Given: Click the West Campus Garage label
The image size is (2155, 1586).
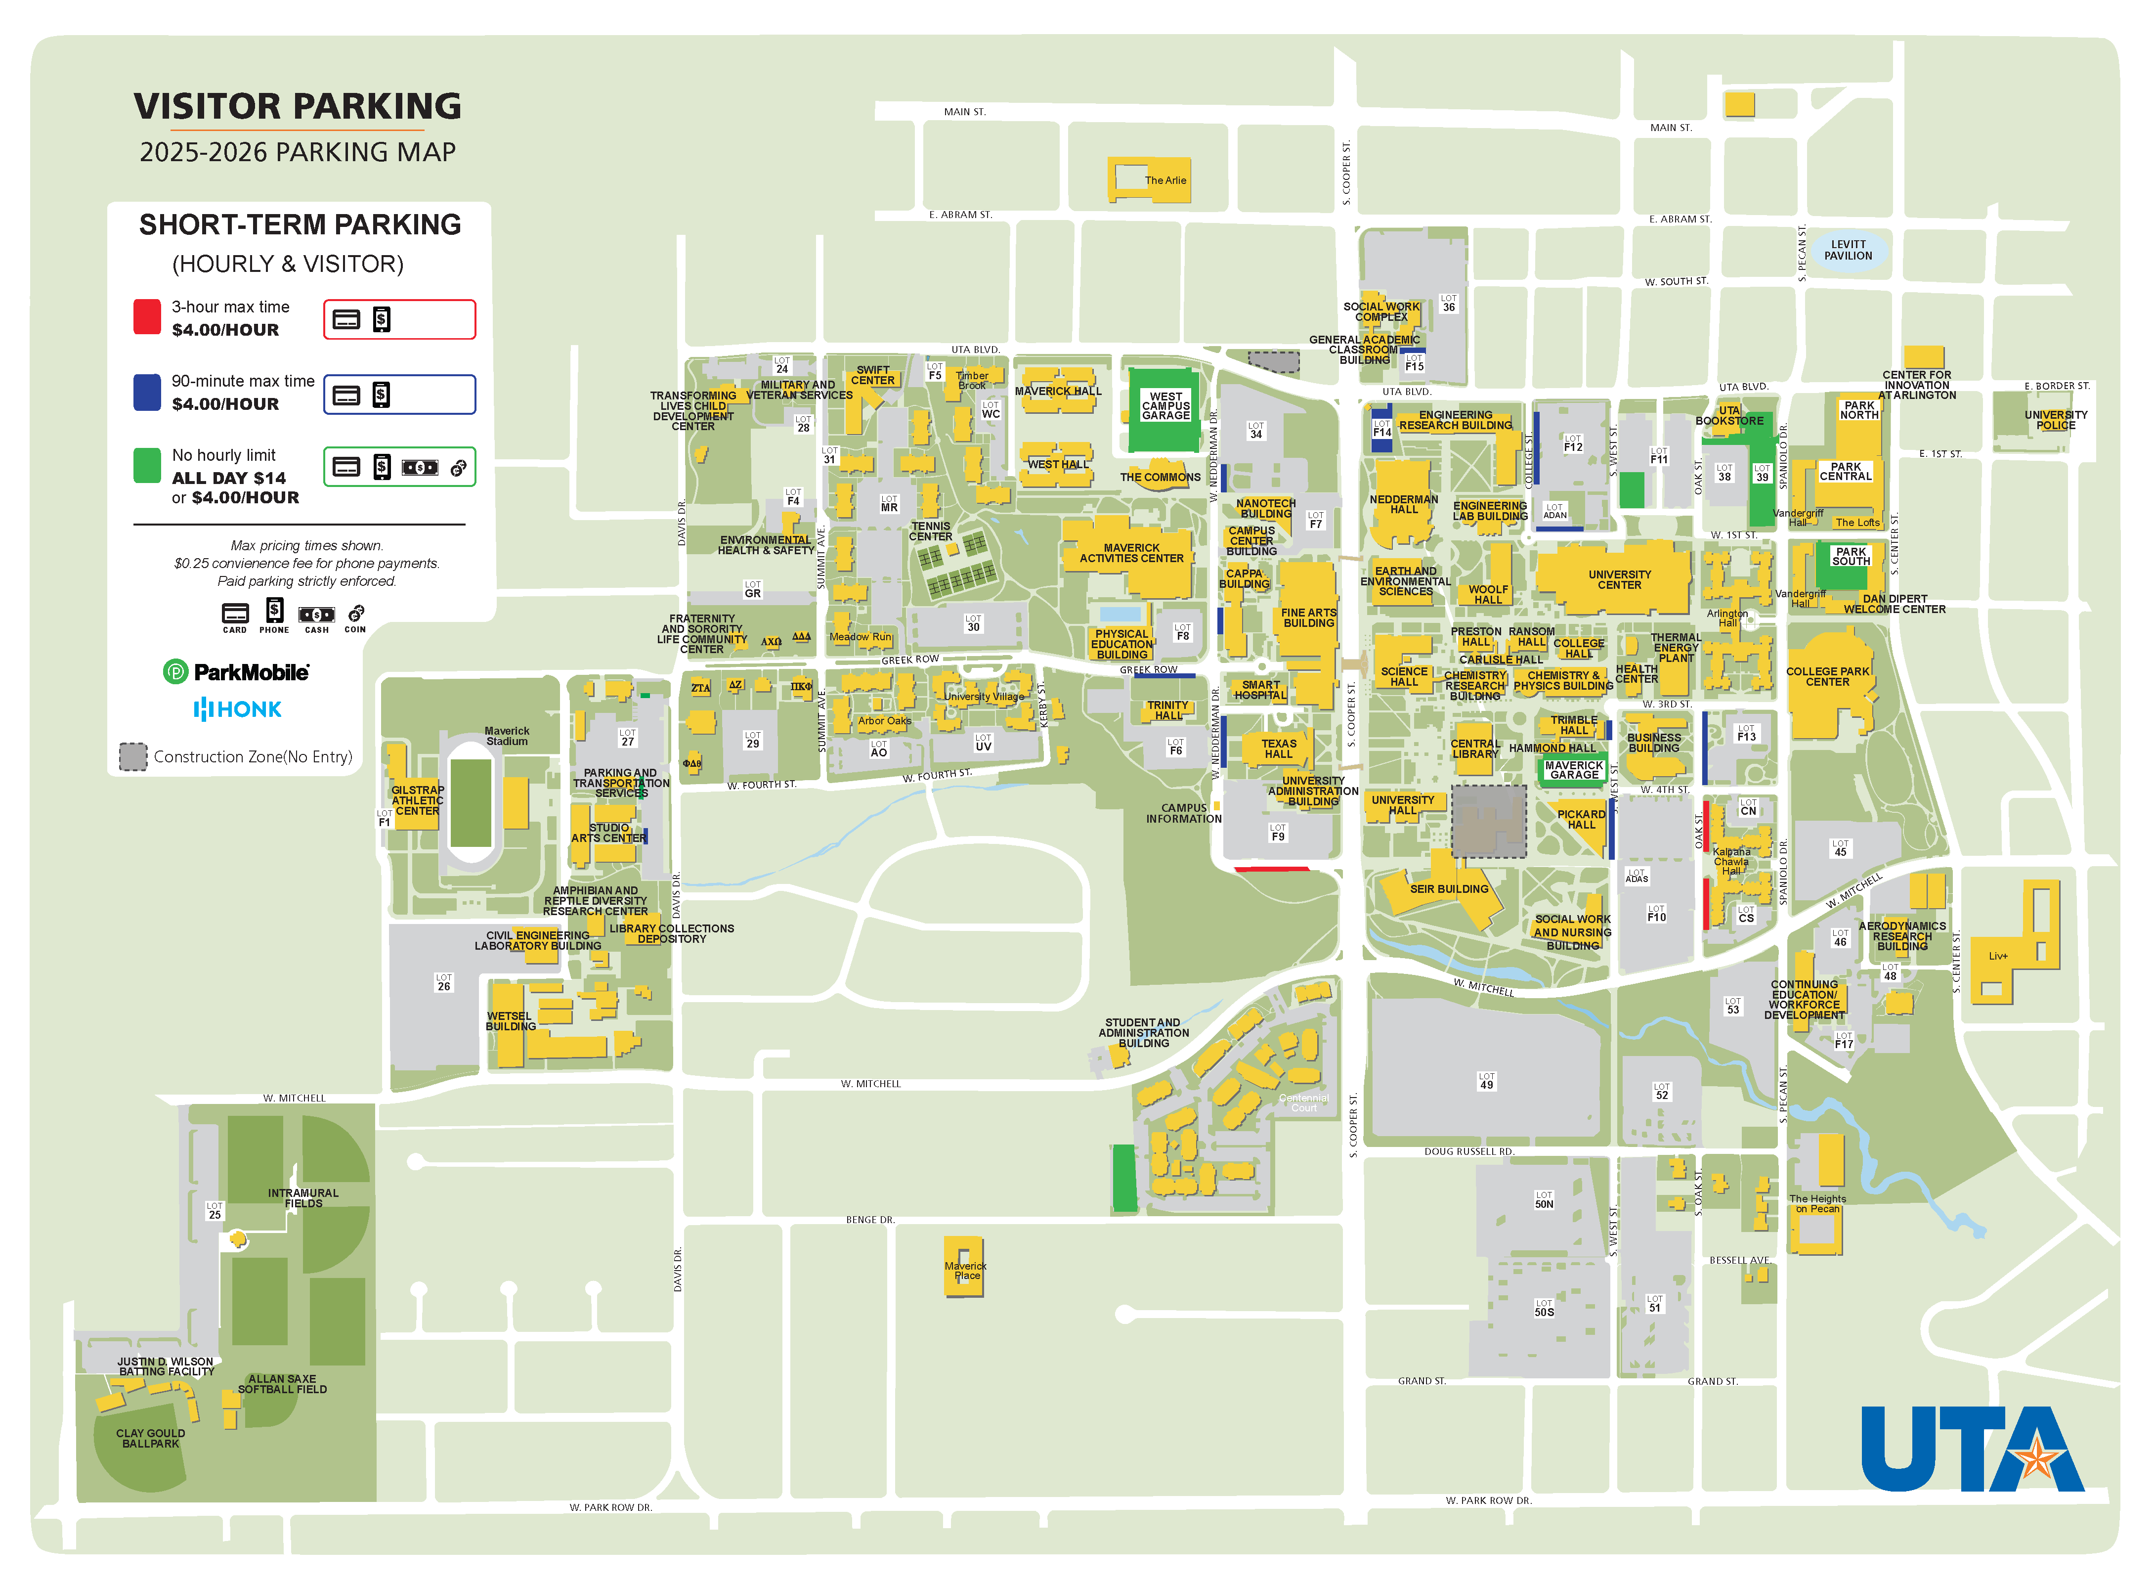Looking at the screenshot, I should (x=1165, y=406).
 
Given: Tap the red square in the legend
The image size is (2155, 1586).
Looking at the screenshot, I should (x=147, y=317).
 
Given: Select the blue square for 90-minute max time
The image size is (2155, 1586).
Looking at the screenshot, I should (x=147, y=392).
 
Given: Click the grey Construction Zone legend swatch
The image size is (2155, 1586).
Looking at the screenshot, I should (x=132, y=756).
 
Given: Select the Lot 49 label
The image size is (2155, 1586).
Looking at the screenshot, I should (x=1486, y=1081).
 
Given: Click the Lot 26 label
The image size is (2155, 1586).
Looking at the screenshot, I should (x=443, y=982).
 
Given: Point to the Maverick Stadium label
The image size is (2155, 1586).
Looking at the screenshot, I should (x=507, y=736).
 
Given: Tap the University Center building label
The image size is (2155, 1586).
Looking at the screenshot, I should (x=1619, y=580).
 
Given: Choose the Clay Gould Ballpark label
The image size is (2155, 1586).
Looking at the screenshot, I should (x=151, y=1438).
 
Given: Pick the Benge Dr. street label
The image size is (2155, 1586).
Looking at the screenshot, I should (x=870, y=1220).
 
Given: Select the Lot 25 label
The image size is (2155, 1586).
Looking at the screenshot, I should (x=214, y=1211).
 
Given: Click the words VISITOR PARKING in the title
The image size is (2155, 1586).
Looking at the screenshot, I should (x=298, y=106).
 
